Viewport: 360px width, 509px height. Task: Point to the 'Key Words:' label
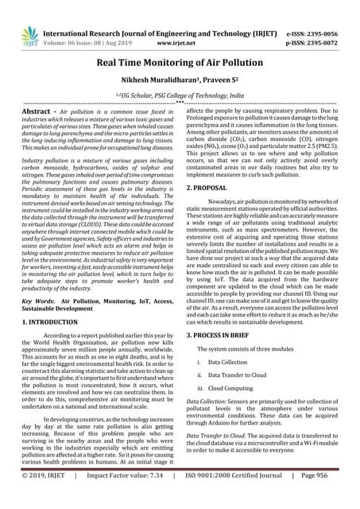pyautogui.click(x=37, y=281)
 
